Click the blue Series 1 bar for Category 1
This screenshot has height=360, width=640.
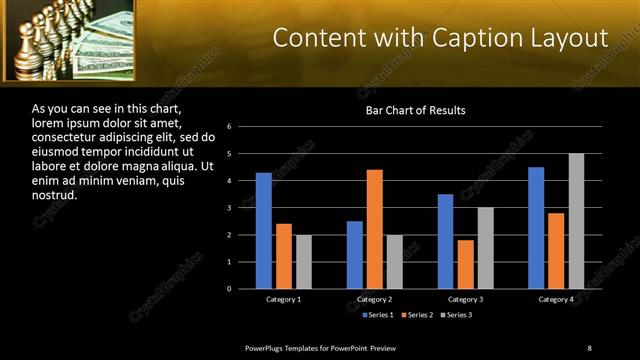264,231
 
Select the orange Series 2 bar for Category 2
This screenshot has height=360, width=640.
375,229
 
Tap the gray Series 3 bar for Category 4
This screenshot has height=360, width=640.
576,221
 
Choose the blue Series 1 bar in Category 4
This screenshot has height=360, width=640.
536,228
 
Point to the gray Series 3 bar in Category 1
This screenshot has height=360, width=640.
304,262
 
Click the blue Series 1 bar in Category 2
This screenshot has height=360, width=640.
355,255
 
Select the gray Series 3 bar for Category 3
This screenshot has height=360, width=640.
486,248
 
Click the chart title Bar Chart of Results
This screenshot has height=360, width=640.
415,110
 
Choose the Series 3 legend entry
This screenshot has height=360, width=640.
456,315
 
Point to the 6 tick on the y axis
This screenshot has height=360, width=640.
229,127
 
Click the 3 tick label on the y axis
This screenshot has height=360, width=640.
229,208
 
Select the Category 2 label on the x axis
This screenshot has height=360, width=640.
375,299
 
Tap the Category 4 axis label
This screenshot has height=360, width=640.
556,299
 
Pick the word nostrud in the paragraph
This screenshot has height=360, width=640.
54,195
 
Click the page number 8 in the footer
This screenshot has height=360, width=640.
589,348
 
